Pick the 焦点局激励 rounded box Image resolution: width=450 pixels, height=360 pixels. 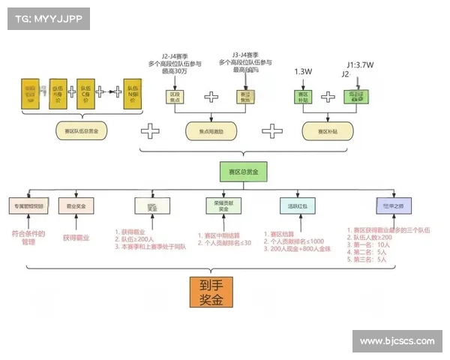(210, 130)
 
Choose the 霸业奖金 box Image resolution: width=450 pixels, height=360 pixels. (76, 205)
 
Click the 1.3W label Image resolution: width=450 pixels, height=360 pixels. (303, 71)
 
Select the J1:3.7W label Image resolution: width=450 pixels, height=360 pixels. (362, 64)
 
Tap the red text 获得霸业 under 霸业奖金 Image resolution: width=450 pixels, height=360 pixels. (76, 237)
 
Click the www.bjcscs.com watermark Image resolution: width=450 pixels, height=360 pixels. (397, 341)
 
